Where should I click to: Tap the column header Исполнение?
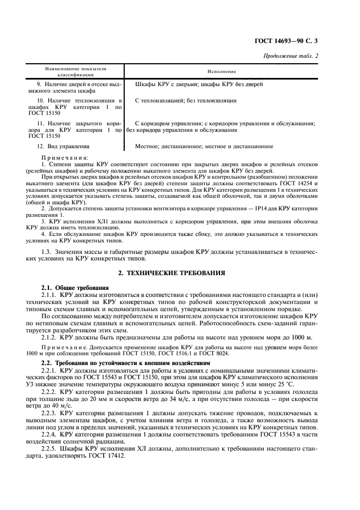(221, 71)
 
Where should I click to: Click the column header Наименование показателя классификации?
(76, 71)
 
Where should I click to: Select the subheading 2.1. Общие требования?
(75, 287)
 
